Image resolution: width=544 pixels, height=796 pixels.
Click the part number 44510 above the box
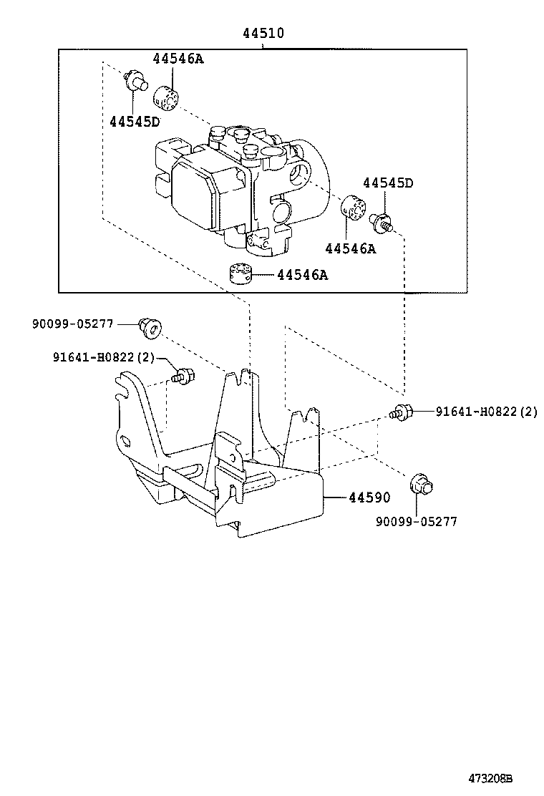(x=262, y=33)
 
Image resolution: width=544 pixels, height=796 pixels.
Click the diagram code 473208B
(x=491, y=778)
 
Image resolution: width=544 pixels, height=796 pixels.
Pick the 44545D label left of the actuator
(x=135, y=121)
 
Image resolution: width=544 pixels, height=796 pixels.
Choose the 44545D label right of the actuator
(x=387, y=183)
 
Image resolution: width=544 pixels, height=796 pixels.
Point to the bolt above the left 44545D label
(x=133, y=79)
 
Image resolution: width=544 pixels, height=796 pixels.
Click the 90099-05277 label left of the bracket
(x=72, y=324)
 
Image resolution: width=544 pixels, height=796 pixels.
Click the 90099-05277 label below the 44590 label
(x=416, y=522)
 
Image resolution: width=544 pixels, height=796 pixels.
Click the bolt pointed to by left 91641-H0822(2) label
(x=183, y=375)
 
